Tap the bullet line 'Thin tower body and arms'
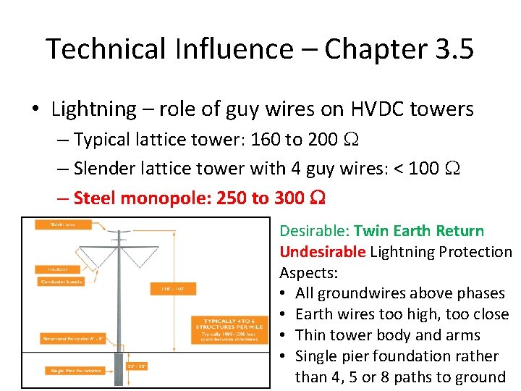tap(388, 335)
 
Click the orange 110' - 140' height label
tap(168, 290)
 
